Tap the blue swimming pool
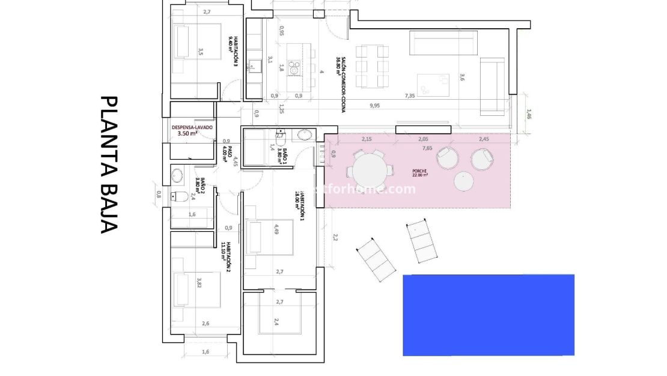tap(488, 315)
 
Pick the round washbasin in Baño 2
tap(177, 175)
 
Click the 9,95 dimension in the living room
tap(375, 106)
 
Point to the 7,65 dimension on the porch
tap(427, 148)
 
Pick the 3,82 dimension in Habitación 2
tap(199, 282)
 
